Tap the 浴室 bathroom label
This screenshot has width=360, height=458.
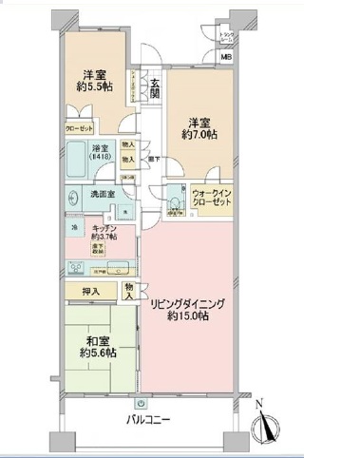(99, 149)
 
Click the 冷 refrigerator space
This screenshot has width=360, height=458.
(73, 229)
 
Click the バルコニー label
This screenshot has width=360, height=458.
(147, 419)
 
